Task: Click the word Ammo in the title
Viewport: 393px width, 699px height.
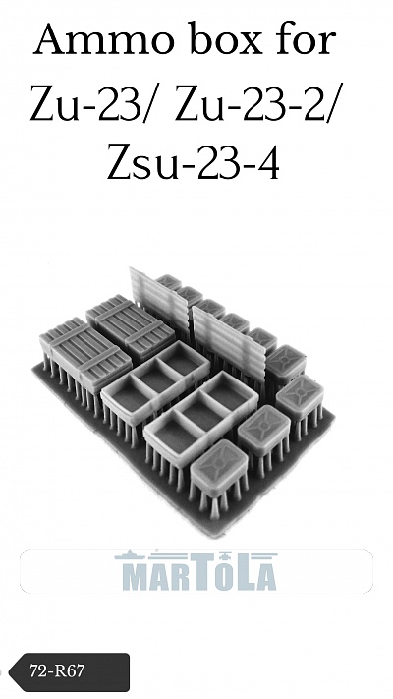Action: [103, 39]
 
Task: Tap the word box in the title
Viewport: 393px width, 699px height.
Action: [227, 38]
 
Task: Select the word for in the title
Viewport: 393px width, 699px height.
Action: [306, 38]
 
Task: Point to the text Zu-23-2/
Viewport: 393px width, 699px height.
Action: [254, 102]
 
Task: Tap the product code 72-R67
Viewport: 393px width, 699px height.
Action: [57, 670]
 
